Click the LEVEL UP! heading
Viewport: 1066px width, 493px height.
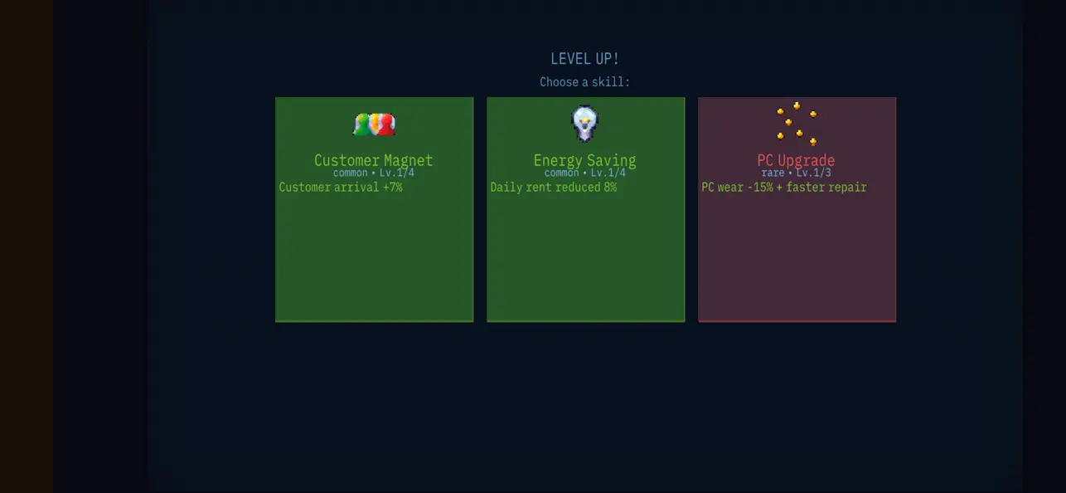pos(584,59)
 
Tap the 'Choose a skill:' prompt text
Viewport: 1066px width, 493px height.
pos(584,82)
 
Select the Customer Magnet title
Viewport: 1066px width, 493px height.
pos(374,160)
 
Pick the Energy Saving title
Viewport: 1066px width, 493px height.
pos(585,160)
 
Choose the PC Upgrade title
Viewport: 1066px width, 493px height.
pos(796,160)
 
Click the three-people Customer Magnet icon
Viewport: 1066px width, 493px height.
pos(374,124)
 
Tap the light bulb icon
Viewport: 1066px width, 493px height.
pos(585,124)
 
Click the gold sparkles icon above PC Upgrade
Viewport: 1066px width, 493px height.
pos(797,124)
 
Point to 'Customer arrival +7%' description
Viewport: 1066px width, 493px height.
pos(341,188)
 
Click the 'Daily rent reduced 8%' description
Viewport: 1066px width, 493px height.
pos(554,188)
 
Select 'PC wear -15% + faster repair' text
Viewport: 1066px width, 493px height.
pos(784,188)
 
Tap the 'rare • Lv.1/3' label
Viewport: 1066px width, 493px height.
pos(796,173)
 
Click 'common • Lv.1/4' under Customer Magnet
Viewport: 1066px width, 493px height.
pos(374,173)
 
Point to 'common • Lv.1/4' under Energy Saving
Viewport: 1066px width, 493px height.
pos(585,173)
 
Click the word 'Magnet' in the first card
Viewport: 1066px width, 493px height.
pos(409,160)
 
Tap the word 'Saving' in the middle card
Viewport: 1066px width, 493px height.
pos(612,160)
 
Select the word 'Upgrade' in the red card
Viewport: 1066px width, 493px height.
pos(807,160)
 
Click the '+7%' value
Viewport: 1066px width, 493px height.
pos(393,188)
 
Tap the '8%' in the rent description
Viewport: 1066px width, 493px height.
pos(610,188)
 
